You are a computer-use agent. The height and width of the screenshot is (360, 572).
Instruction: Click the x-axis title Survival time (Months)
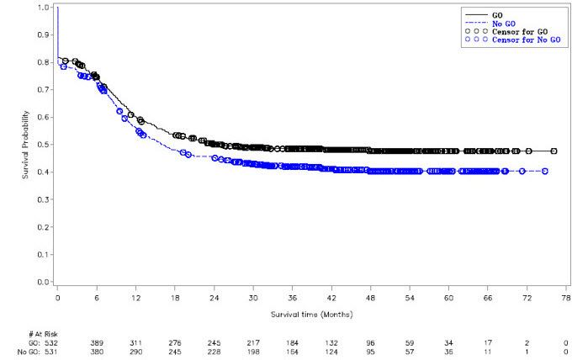pos(311,314)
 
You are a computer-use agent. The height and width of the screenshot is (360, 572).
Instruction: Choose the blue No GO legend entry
pos(504,23)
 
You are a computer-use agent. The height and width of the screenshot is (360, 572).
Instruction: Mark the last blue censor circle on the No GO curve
pos(546,171)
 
